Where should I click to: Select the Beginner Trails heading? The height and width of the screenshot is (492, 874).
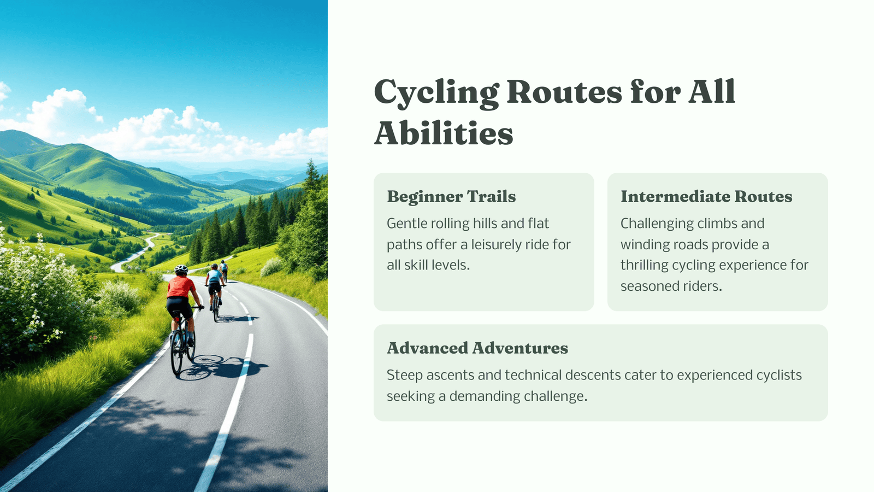tap(451, 196)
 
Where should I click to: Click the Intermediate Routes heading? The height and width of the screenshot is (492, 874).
tap(706, 196)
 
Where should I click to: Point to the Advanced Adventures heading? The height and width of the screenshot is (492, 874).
tap(477, 348)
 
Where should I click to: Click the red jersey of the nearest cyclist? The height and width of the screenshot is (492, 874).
tap(181, 287)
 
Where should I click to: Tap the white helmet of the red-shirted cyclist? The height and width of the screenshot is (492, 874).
tap(181, 268)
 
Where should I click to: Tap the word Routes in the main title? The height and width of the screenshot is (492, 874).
tap(564, 92)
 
